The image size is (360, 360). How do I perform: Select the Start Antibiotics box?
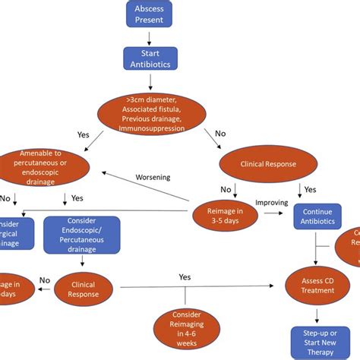click(x=150, y=58)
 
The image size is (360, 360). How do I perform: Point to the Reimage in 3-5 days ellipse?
click(x=219, y=216)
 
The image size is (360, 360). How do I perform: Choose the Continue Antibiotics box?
click(x=318, y=216)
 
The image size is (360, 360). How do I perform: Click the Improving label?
click(x=270, y=202)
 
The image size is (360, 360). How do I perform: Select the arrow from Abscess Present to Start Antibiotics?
click(x=150, y=37)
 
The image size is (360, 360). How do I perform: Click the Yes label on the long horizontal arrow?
click(x=185, y=277)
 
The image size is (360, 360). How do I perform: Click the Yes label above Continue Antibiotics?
click(x=309, y=190)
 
